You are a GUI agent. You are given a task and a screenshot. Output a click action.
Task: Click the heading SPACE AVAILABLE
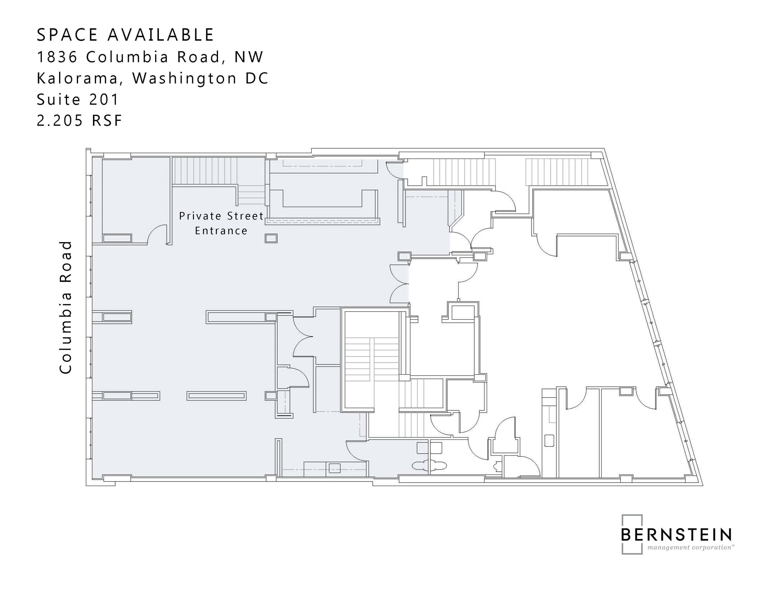pyautogui.click(x=125, y=35)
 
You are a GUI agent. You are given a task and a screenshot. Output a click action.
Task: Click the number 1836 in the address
pyautogui.click(x=57, y=57)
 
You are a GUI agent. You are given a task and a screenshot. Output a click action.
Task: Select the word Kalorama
pyautogui.click(x=80, y=78)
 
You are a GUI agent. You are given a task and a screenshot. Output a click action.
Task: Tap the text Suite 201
pyautogui.click(x=78, y=100)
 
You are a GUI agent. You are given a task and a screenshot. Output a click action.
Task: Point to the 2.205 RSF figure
pyautogui.click(x=79, y=121)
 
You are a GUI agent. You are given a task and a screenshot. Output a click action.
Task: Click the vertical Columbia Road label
pyautogui.click(x=66, y=307)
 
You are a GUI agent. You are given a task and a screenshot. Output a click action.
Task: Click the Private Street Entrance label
pyautogui.click(x=221, y=223)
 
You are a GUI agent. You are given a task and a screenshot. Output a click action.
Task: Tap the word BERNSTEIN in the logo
pyautogui.click(x=676, y=535)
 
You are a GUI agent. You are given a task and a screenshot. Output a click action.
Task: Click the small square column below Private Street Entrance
pyautogui.click(x=271, y=238)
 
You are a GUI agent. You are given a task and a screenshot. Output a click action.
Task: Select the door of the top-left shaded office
pyautogui.click(x=157, y=234)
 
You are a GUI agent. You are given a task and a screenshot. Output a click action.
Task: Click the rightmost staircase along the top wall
pyautogui.click(x=557, y=172)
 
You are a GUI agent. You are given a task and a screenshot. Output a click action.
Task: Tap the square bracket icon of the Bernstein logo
pyautogui.click(x=631, y=534)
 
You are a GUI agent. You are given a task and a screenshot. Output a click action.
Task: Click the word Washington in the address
pyautogui.click(x=185, y=78)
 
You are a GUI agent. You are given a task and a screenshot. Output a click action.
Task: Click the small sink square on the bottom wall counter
pyautogui.click(x=335, y=468)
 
